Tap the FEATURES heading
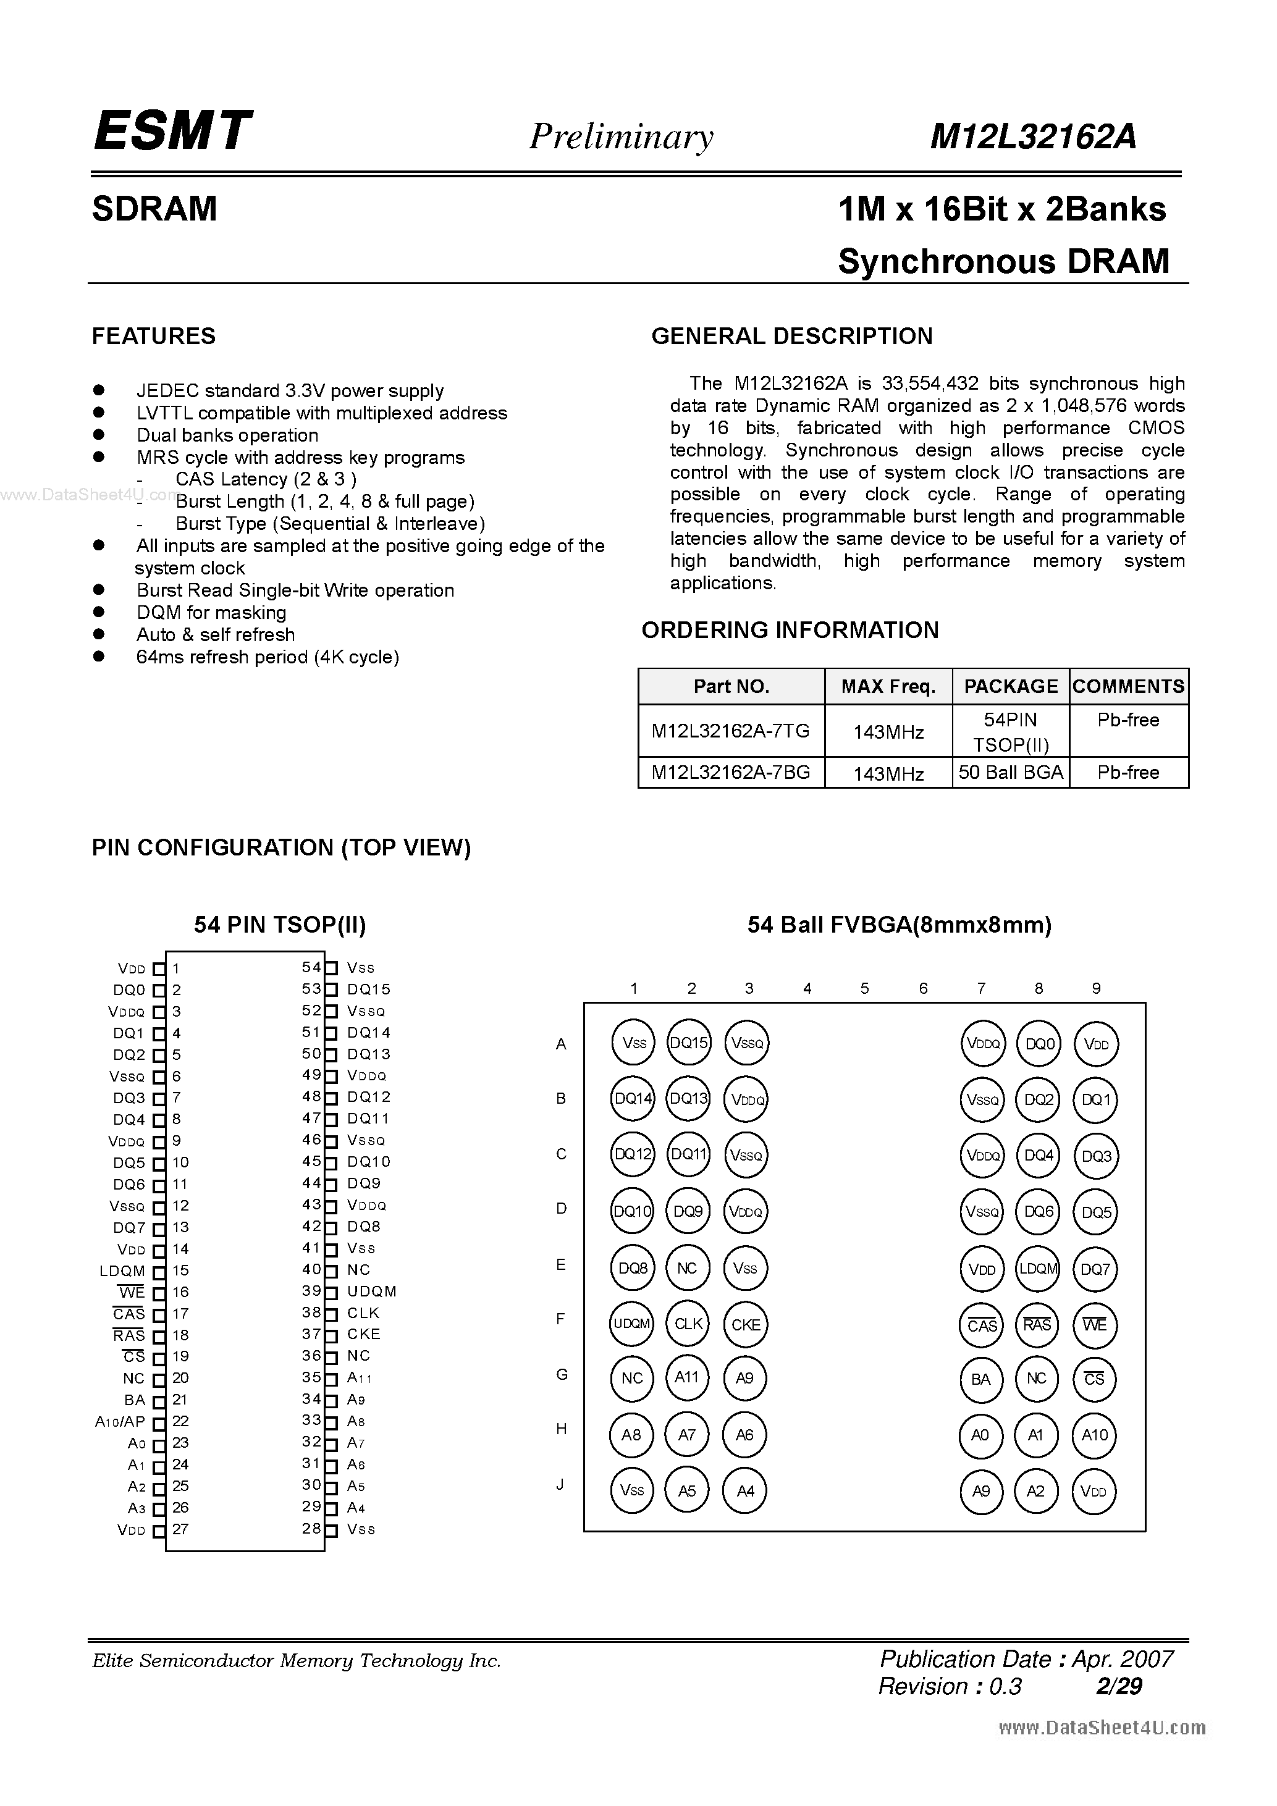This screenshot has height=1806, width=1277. click(153, 336)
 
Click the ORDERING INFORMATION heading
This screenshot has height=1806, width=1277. click(790, 630)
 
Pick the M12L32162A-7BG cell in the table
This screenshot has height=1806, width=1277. click(730, 773)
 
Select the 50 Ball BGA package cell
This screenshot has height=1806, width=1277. click(1010, 773)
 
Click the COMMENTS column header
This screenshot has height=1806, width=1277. click(1128, 687)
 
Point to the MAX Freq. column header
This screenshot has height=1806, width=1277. click(888, 687)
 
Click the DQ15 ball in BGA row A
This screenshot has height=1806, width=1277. click(688, 1043)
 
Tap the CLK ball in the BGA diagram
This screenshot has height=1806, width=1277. click(688, 1324)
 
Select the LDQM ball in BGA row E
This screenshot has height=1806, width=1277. click(1038, 1269)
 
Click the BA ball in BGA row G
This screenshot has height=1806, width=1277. click(980, 1379)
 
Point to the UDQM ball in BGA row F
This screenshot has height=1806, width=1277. click(632, 1324)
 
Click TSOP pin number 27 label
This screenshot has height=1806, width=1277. click(180, 1529)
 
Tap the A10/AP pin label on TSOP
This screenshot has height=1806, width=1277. click(120, 1421)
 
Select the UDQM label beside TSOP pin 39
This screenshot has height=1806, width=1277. click(371, 1291)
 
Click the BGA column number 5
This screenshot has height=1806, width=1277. click(865, 988)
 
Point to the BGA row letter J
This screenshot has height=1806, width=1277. click(560, 1485)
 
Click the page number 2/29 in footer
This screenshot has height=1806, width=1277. click(1118, 1686)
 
